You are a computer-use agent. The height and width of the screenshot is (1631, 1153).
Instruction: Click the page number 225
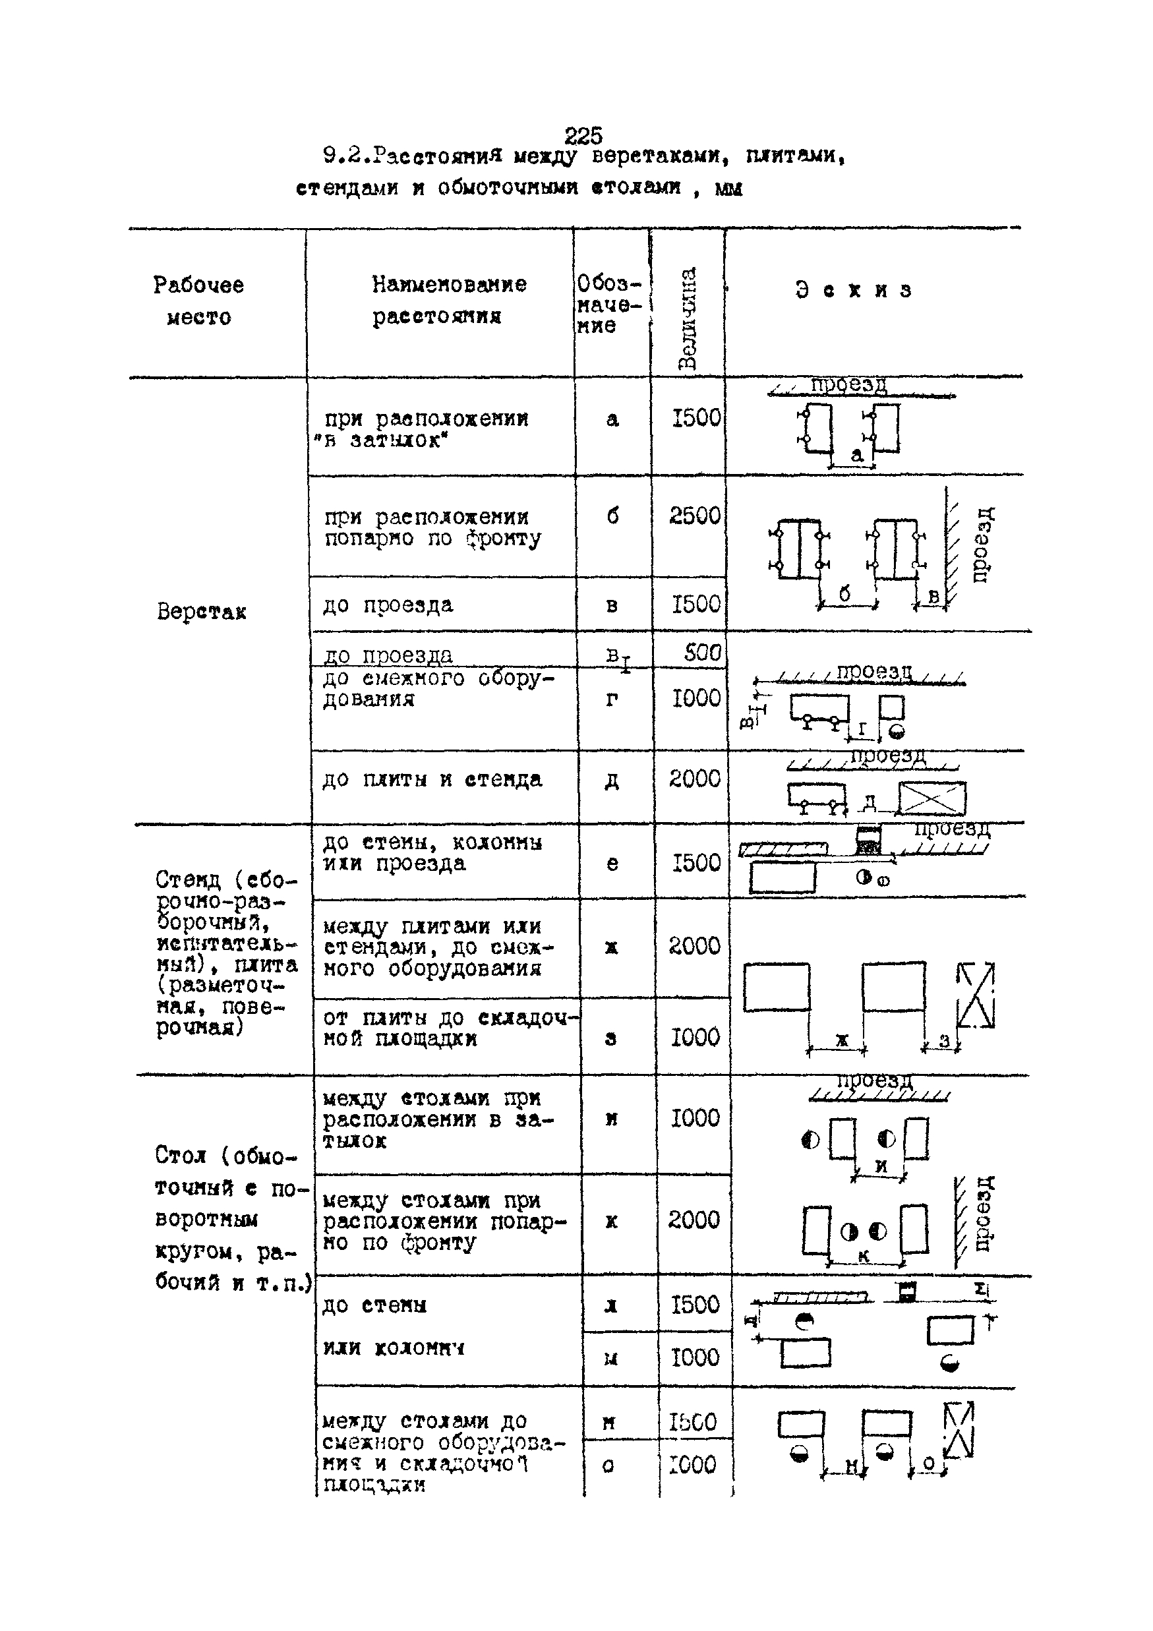583,135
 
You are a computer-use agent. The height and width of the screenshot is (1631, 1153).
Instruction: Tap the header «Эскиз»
853,290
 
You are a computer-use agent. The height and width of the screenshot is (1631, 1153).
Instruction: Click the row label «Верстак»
202,612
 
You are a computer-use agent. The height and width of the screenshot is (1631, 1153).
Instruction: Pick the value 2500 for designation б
695,516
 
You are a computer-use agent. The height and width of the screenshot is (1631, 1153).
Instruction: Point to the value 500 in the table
702,652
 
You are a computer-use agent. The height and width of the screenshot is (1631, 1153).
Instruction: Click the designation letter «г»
612,699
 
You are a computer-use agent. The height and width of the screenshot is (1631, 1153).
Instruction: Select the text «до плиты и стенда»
432,779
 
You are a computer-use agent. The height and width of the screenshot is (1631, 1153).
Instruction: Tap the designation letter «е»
612,863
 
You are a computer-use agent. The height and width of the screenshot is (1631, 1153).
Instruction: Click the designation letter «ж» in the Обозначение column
611,947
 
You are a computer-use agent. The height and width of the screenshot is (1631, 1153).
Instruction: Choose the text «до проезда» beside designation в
388,605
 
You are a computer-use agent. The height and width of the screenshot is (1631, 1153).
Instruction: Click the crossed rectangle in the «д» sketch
932,798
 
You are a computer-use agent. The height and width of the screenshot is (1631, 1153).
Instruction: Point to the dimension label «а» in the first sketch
857,455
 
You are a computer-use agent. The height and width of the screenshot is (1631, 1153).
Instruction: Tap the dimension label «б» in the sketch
844,593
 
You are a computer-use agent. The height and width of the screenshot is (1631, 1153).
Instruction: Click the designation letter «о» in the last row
608,1465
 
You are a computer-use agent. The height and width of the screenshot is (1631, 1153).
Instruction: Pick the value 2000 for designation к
694,1220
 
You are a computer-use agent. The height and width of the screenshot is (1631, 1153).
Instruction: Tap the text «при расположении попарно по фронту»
432,527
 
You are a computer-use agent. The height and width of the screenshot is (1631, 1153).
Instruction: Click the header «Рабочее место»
199,301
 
